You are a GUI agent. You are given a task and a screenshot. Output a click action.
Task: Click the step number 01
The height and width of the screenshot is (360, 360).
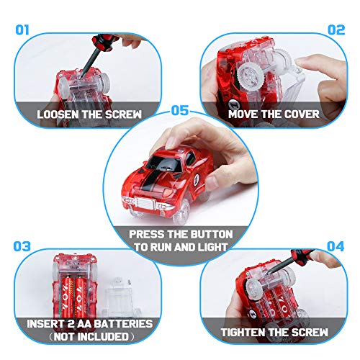(22, 30)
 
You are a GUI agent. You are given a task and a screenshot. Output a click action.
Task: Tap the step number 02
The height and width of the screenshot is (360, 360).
(336, 30)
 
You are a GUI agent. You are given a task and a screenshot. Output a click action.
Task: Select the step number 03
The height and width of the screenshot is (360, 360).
(22, 246)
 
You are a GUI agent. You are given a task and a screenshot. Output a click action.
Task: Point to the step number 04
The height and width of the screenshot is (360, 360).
(336, 246)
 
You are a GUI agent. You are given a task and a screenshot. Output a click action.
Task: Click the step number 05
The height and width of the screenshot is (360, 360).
(180, 110)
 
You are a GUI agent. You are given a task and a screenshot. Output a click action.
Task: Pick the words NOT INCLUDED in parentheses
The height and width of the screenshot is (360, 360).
(91, 336)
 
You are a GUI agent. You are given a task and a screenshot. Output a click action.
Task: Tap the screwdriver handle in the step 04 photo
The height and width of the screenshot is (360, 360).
(302, 254)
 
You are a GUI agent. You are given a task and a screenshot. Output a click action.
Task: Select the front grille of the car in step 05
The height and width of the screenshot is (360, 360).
(145, 203)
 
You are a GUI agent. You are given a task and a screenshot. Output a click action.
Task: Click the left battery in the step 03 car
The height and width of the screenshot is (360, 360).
(67, 297)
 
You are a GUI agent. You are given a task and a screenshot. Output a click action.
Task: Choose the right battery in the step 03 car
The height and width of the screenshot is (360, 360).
(81, 297)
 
